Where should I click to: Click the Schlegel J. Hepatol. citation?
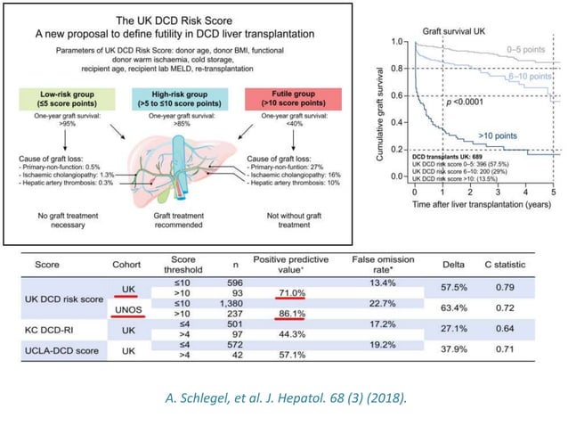[x=284, y=396]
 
